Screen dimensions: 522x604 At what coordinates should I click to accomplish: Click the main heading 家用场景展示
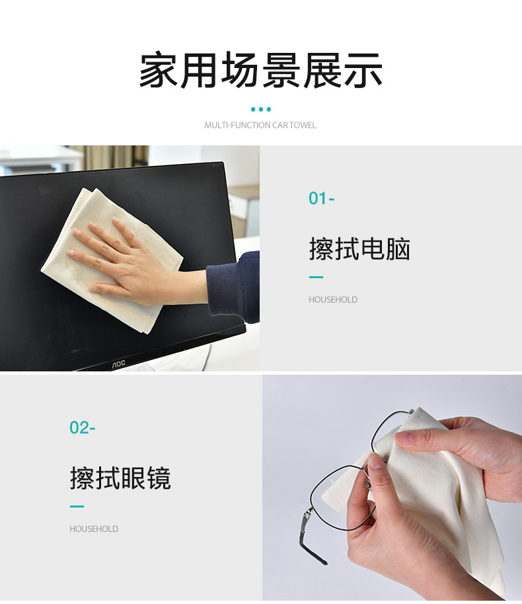(x=261, y=70)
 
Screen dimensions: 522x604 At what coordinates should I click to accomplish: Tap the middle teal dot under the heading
(x=261, y=110)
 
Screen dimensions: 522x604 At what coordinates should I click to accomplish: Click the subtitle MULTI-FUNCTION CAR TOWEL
(x=260, y=125)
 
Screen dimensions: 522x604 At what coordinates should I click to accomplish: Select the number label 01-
(x=321, y=198)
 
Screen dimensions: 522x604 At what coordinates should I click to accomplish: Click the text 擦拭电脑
(x=359, y=249)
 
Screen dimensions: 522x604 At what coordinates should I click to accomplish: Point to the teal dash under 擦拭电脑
(x=316, y=277)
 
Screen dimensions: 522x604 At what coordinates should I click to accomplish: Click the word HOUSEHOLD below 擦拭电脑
(x=333, y=299)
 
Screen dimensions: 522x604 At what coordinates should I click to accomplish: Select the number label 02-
(x=83, y=428)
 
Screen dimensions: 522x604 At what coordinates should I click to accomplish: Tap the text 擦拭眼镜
(x=120, y=478)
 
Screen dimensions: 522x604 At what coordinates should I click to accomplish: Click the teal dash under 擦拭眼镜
(x=77, y=507)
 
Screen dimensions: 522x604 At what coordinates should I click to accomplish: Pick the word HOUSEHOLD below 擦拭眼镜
(x=94, y=529)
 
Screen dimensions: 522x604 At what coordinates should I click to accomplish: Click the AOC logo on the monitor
(x=119, y=363)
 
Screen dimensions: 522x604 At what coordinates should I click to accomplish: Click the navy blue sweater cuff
(x=233, y=287)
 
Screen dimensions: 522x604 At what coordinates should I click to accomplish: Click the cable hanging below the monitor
(x=207, y=358)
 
